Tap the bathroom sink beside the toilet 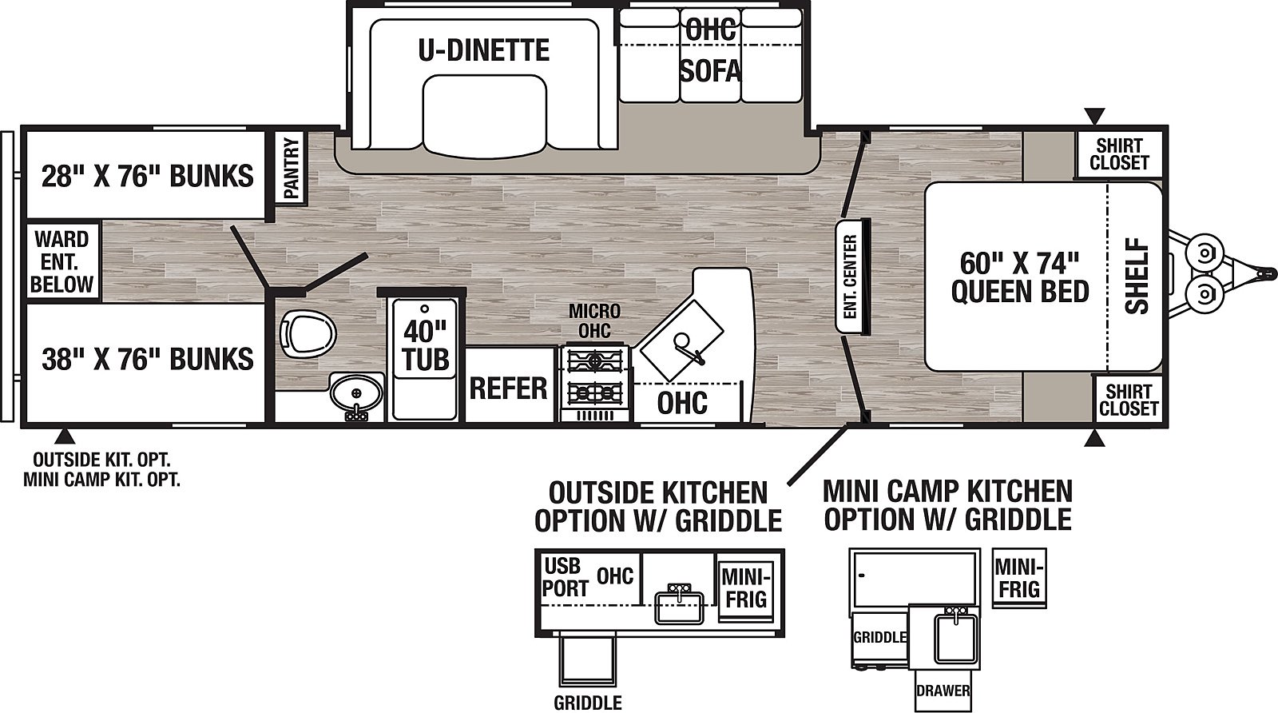pyautogui.click(x=355, y=393)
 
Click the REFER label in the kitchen pyautogui.click(x=508, y=388)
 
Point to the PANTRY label pyautogui.click(x=291, y=169)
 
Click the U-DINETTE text pyautogui.click(x=484, y=50)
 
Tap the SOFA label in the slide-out pyautogui.click(x=710, y=71)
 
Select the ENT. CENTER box pyautogui.click(x=849, y=276)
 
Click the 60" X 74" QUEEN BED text pyautogui.click(x=1020, y=277)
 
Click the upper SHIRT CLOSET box pyautogui.click(x=1118, y=153)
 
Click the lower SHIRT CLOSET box pyautogui.click(x=1126, y=399)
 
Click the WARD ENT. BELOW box pyautogui.click(x=62, y=261)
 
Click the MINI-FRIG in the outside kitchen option pyautogui.click(x=746, y=588)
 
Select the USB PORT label pyautogui.click(x=566, y=577)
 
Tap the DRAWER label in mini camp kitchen pyautogui.click(x=943, y=691)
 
